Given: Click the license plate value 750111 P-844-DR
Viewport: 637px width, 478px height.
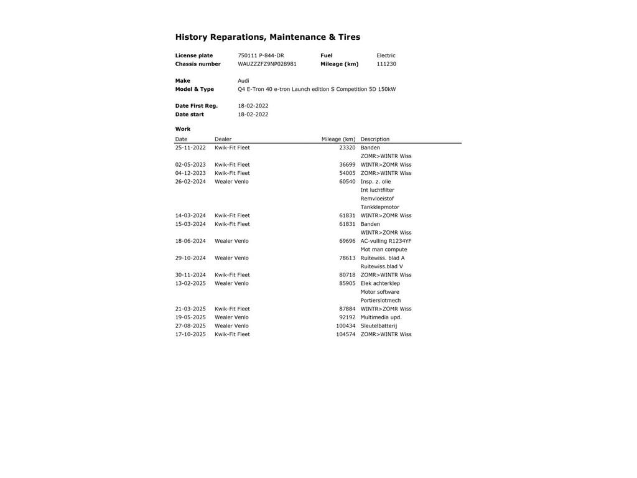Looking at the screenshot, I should coord(261,55).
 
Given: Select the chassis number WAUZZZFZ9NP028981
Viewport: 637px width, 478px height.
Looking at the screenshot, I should coord(267,64).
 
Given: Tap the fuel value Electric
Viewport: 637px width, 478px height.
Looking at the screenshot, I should coord(386,55).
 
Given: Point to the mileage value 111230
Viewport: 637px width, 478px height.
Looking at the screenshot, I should coord(386,64).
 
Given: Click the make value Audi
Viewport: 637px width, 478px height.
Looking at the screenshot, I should coord(243,81).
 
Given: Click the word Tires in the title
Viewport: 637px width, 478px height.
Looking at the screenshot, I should coord(349,37).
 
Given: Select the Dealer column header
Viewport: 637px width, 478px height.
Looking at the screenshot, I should coord(223,139).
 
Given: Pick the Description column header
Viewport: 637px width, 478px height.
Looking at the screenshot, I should coord(375,139).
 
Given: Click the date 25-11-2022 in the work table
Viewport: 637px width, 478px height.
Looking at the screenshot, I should coord(190,148).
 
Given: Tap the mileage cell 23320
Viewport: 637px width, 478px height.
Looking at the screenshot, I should coord(347,148).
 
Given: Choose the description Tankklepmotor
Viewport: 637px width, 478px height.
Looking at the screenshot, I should coord(380,207).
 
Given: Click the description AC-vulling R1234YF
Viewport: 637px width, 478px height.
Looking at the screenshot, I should coord(386,241).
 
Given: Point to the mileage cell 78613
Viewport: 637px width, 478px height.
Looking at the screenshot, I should coord(347,258).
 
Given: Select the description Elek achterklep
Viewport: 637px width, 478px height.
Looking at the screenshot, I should coord(380,284).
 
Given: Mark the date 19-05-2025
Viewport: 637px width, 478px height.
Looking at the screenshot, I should coord(190,317).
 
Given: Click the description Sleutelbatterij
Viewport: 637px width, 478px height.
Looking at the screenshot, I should coord(379,326).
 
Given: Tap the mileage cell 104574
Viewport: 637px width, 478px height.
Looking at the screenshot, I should coord(346,334).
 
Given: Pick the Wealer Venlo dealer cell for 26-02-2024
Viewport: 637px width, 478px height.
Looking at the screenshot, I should coord(231,182).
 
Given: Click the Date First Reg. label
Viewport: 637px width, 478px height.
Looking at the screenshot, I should coord(197,106).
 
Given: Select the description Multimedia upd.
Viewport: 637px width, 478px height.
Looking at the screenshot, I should coord(381,317).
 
